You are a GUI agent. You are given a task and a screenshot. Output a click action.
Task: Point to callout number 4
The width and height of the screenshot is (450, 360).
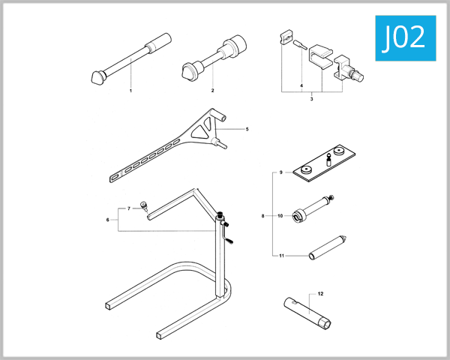(x=301, y=86)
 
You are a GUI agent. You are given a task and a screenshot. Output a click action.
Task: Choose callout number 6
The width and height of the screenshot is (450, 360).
(x=108, y=220)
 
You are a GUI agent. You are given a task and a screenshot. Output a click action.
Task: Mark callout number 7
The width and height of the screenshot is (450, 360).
(x=128, y=208)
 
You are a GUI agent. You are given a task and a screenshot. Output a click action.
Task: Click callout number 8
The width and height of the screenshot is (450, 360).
(x=262, y=216)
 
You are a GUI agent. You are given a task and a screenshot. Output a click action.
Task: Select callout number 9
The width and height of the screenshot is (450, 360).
(x=280, y=172)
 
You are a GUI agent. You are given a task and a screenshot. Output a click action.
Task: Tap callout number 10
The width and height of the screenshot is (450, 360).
(x=280, y=216)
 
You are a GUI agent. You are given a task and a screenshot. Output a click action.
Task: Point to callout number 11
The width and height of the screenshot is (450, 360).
(x=280, y=256)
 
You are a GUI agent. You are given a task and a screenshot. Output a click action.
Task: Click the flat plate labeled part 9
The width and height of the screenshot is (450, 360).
(x=321, y=165)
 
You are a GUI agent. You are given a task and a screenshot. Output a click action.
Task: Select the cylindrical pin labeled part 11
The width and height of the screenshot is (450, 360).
(x=327, y=247)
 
